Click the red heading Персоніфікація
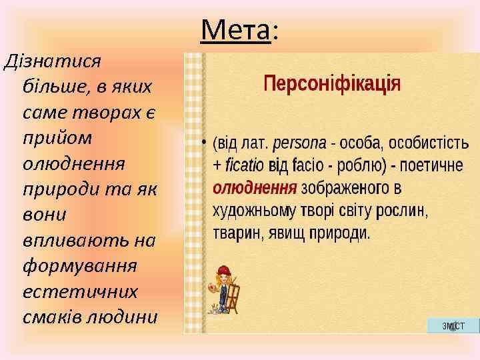point(332,84)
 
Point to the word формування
point(79,266)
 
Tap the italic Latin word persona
point(299,143)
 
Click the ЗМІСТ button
point(453,325)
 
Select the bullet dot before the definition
point(203,143)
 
